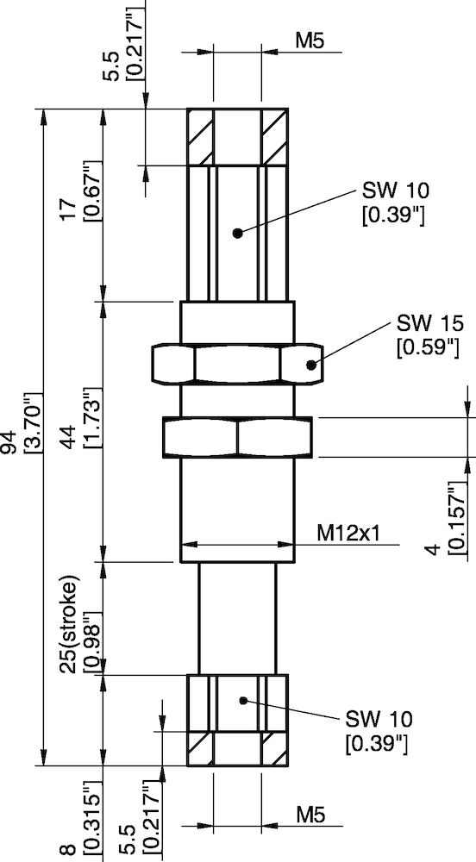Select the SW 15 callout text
(430, 324)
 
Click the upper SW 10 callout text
(393, 190)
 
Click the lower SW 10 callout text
(379, 719)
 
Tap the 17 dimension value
(73, 207)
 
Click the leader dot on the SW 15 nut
(310, 365)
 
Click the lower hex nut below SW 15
(236, 437)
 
